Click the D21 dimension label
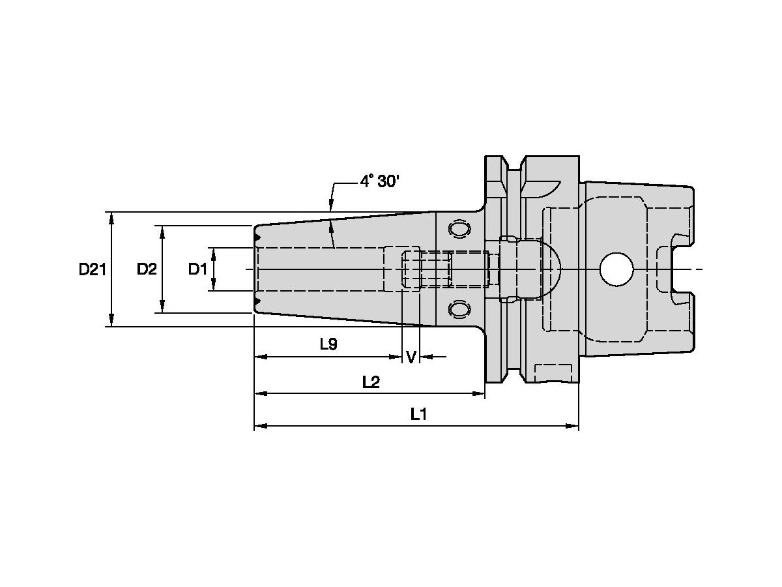point(93,269)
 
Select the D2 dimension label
point(147,269)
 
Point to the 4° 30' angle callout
point(379,182)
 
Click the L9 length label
point(328,344)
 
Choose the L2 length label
point(371,382)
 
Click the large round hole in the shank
point(616,269)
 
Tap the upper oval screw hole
point(459,230)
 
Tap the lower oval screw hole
point(459,309)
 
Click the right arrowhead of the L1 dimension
point(573,426)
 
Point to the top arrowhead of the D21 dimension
point(112,217)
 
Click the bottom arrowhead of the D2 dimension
point(162,307)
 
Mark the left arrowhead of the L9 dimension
point(260,357)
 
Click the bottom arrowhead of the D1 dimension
point(214,286)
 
